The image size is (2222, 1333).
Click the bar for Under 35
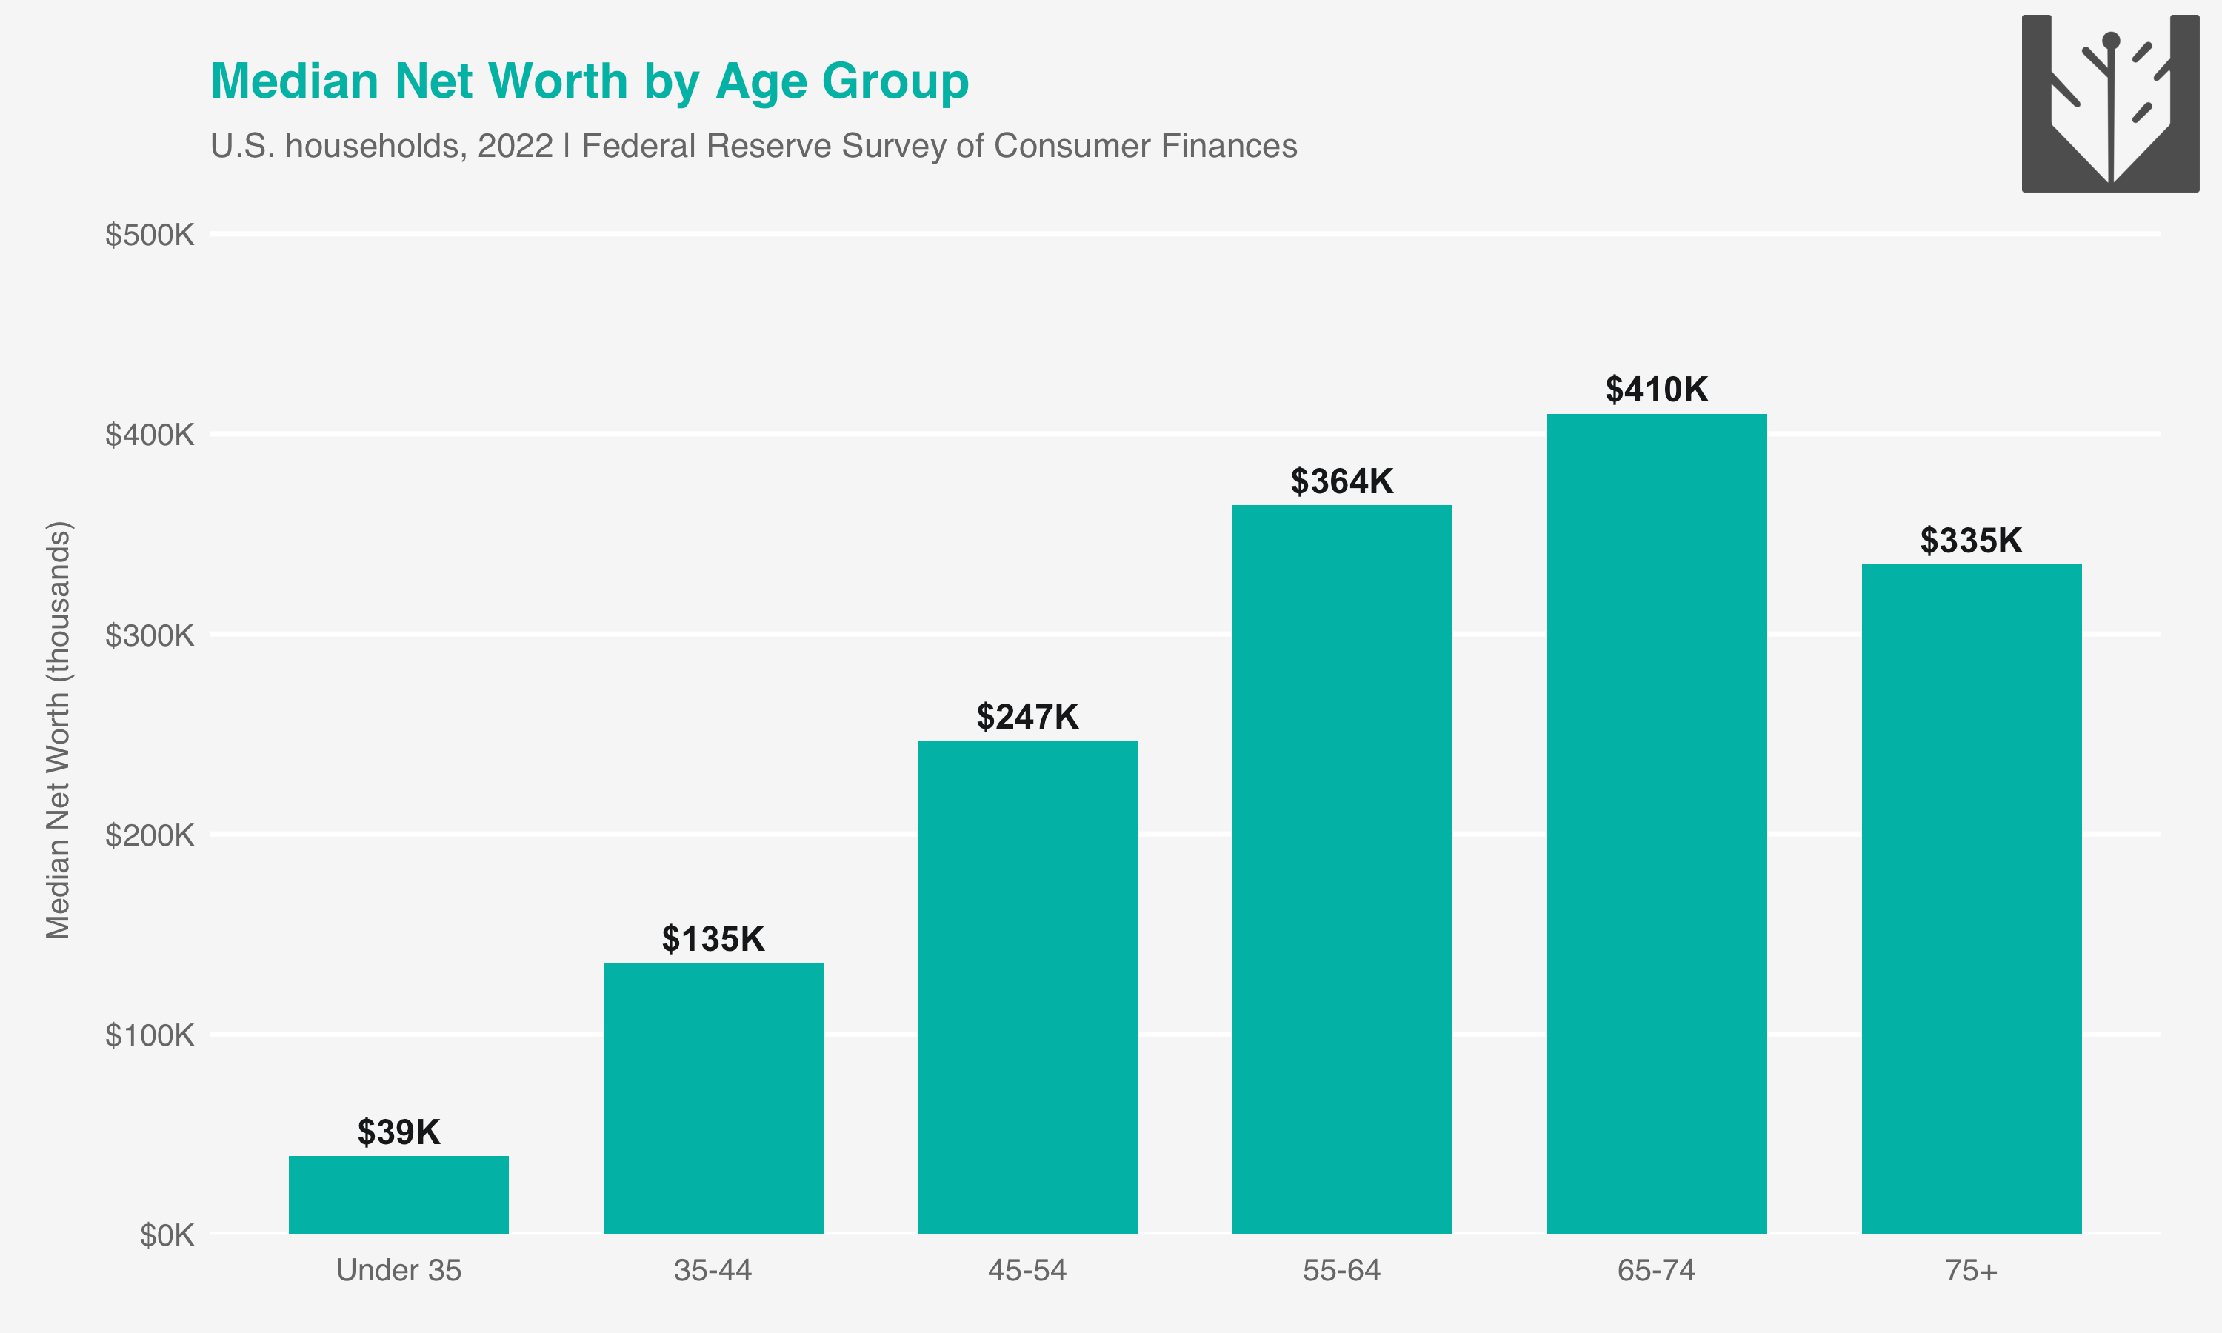pyautogui.click(x=398, y=1194)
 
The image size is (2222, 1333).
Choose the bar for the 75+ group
pyautogui.click(x=1972, y=898)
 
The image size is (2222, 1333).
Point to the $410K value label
pyautogui.click(x=1656, y=390)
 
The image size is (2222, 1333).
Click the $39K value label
pyautogui.click(x=398, y=1132)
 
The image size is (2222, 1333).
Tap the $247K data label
pyautogui.click(x=1027, y=717)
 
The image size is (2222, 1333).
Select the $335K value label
pyautogui.click(x=1972, y=541)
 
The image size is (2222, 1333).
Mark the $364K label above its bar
pyautogui.click(x=1342, y=481)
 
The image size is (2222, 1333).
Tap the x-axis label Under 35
pyautogui.click(x=398, y=1270)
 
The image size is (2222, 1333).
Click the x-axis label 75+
pyautogui.click(x=1972, y=1270)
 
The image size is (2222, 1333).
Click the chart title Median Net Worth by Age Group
pyautogui.click(x=589, y=81)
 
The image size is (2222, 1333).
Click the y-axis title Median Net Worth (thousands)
pyautogui.click(x=58, y=729)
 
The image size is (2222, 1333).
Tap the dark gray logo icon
pyautogui.click(x=2109, y=102)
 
